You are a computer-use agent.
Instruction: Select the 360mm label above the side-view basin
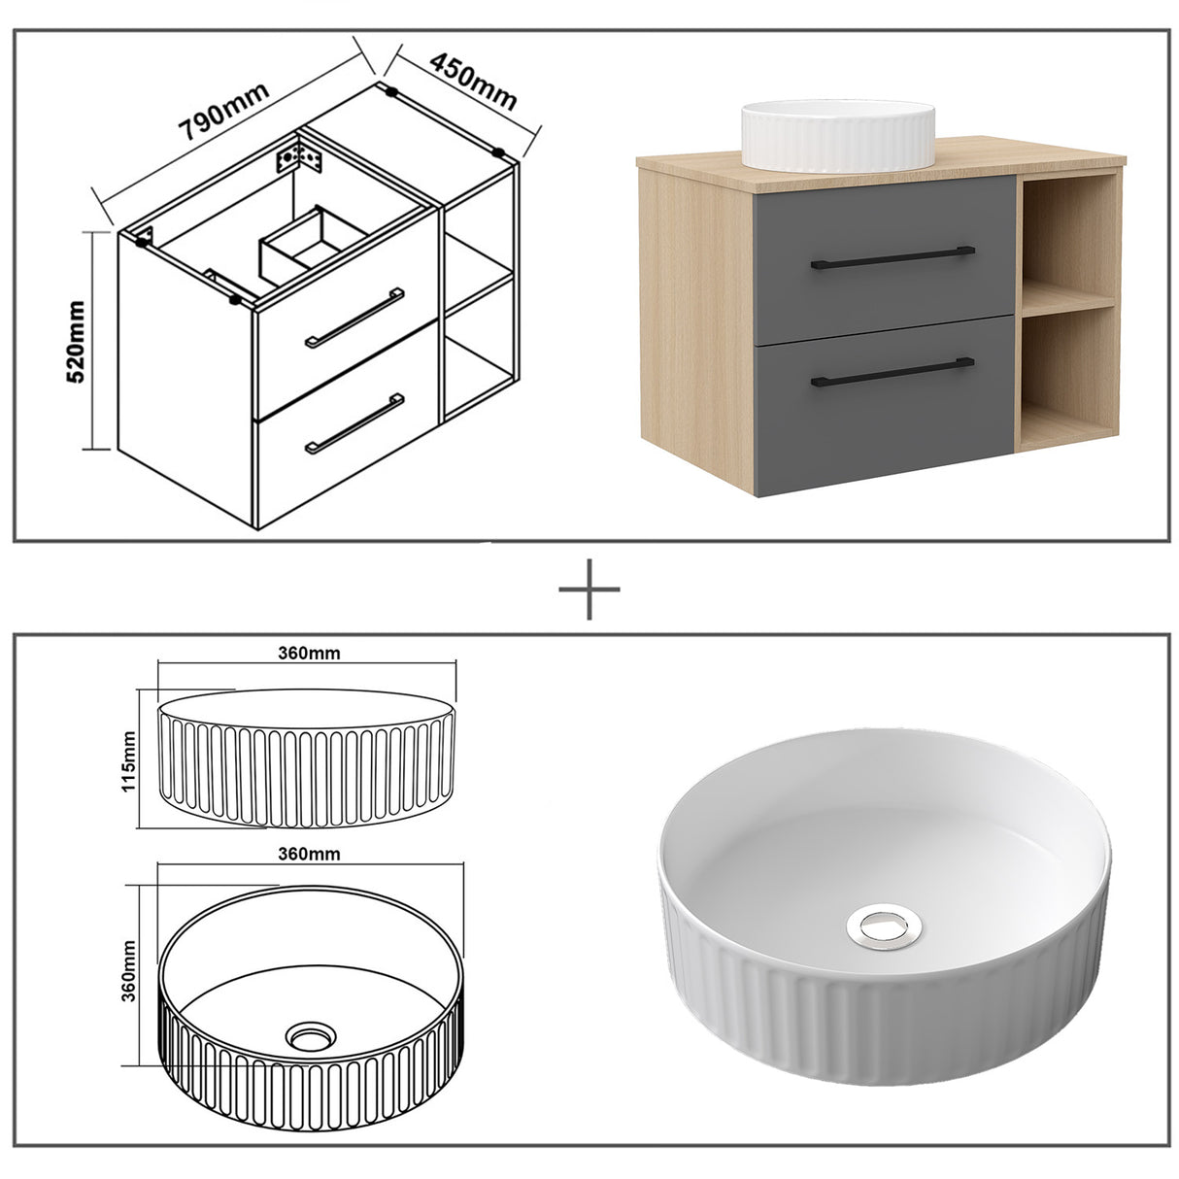[307, 653]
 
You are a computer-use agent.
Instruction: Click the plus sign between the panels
[589, 588]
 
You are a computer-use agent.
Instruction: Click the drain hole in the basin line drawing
[311, 1037]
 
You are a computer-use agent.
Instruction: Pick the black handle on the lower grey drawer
[892, 372]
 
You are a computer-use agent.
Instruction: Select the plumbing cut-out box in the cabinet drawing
[309, 239]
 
